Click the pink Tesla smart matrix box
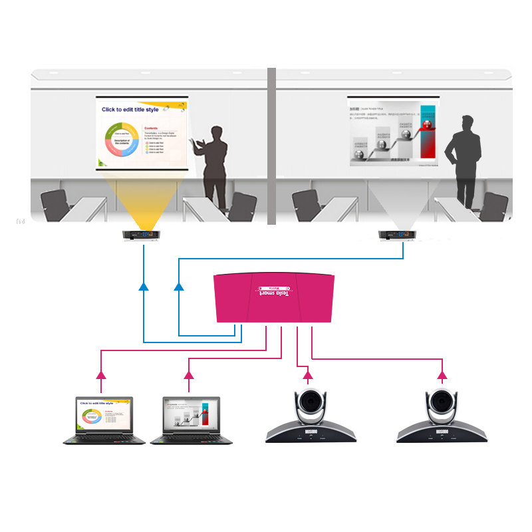(273, 299)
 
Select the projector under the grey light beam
(396, 235)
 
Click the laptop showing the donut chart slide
(104, 422)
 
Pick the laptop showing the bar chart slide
(191, 422)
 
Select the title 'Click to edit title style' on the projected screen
(130, 109)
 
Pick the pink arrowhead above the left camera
(308, 376)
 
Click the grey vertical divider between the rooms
(271, 146)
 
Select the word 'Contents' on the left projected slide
(152, 127)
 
